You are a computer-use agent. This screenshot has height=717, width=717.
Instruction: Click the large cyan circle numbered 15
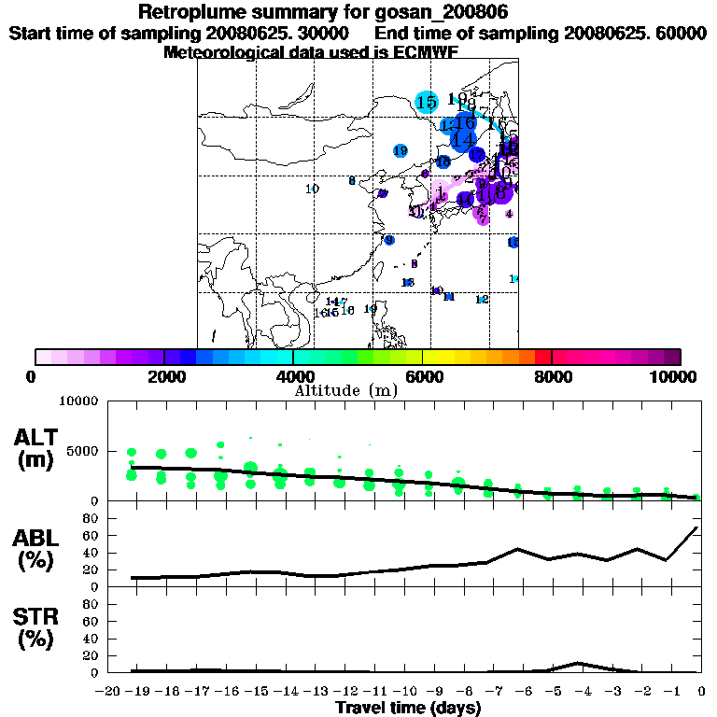pos(427,102)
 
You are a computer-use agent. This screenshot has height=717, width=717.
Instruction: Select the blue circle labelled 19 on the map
pos(401,150)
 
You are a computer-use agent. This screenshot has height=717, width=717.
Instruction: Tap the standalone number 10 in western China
pos(312,189)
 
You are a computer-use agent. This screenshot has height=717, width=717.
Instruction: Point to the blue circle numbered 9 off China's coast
pos(389,240)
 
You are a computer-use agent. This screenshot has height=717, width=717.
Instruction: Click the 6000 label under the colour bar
pos(423,376)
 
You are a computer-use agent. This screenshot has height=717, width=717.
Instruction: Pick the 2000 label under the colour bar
pos(164,376)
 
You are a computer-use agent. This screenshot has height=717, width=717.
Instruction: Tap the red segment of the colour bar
pos(542,357)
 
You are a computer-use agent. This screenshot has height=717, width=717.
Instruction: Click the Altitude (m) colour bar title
pos(345,388)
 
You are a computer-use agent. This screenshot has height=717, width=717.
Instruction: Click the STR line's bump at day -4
pos(579,663)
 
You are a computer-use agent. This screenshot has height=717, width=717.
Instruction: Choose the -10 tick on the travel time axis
pos(403,690)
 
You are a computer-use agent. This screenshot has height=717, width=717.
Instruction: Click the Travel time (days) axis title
pos(408,708)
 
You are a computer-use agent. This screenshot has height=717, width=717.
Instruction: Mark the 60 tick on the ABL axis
pos(91,535)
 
